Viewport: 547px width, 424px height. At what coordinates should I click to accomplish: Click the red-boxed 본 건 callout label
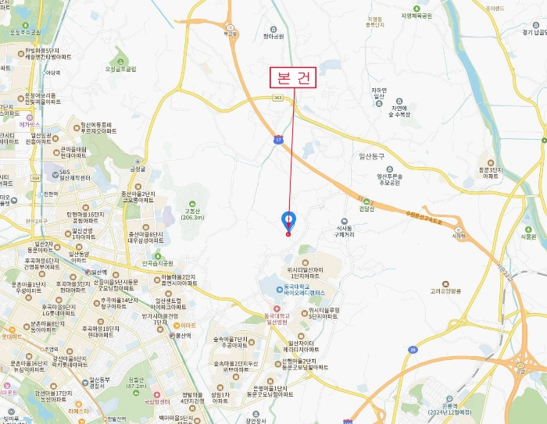point(292,79)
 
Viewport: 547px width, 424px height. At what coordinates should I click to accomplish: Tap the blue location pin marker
point(288,221)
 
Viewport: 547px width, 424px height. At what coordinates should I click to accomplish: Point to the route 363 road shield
point(277,98)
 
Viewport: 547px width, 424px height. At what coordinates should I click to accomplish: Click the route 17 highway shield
point(278,139)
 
